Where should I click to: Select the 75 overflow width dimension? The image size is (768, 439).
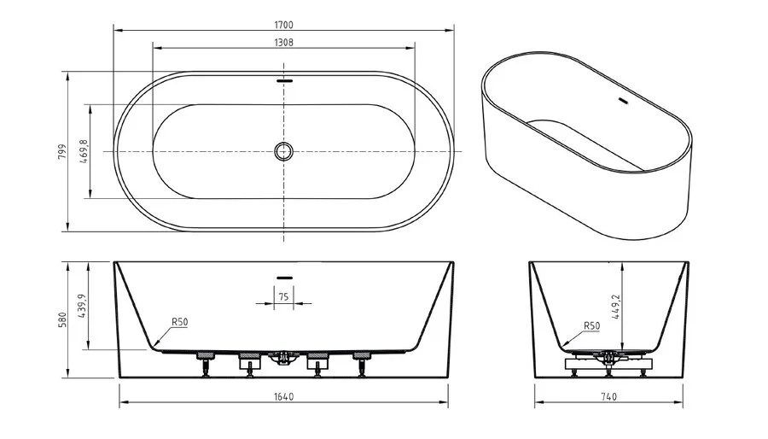(x=283, y=296)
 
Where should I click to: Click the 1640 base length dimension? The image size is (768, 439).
(x=283, y=395)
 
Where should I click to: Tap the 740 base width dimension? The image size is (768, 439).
(x=608, y=395)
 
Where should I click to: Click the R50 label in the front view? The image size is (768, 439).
(x=179, y=322)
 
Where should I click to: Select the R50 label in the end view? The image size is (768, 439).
(x=591, y=326)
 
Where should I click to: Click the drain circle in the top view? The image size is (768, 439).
(x=283, y=151)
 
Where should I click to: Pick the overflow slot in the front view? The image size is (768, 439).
(x=283, y=277)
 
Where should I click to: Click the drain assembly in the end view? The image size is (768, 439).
(x=608, y=357)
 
